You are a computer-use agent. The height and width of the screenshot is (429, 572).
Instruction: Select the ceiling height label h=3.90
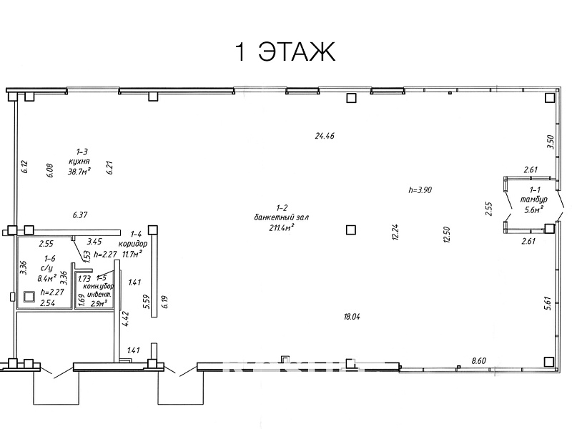click(x=420, y=190)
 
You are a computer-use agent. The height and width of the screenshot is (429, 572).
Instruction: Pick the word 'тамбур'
click(x=534, y=200)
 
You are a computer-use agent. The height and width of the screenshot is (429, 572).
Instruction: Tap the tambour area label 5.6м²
click(x=534, y=209)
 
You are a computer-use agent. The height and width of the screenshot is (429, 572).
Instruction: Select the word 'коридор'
click(x=134, y=243)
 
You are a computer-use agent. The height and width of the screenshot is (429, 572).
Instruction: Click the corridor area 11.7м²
click(x=133, y=253)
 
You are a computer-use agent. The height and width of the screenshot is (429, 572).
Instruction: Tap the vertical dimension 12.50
click(x=448, y=235)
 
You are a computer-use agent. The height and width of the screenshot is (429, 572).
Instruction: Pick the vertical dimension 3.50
click(x=550, y=142)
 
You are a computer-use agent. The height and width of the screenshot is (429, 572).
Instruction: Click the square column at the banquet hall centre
click(x=350, y=230)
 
